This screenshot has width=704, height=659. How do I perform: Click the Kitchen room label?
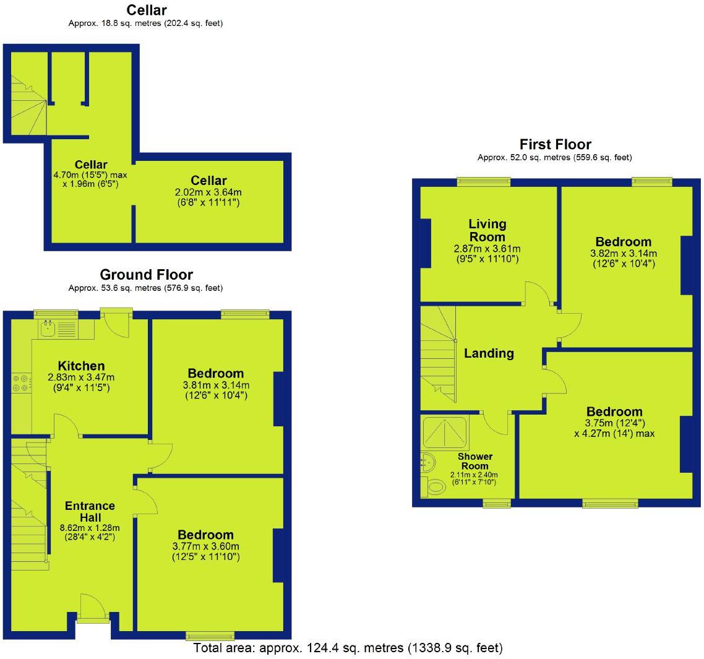click(x=81, y=366)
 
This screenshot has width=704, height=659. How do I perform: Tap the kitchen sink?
click(x=49, y=329)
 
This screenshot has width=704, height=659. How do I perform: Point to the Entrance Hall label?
click(x=90, y=511)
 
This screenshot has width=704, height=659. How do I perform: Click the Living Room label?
click(x=487, y=230)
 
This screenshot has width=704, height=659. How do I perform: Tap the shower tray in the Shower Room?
click(x=445, y=431)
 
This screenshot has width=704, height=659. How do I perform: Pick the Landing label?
click(x=489, y=353)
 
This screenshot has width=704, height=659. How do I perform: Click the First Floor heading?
click(x=555, y=144)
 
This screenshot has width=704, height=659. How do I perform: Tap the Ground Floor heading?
click(x=146, y=275)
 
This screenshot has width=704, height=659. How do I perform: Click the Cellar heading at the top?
click(x=146, y=10)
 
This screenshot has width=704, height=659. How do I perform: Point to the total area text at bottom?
click(x=348, y=648)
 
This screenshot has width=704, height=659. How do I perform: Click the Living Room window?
click(x=484, y=181)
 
